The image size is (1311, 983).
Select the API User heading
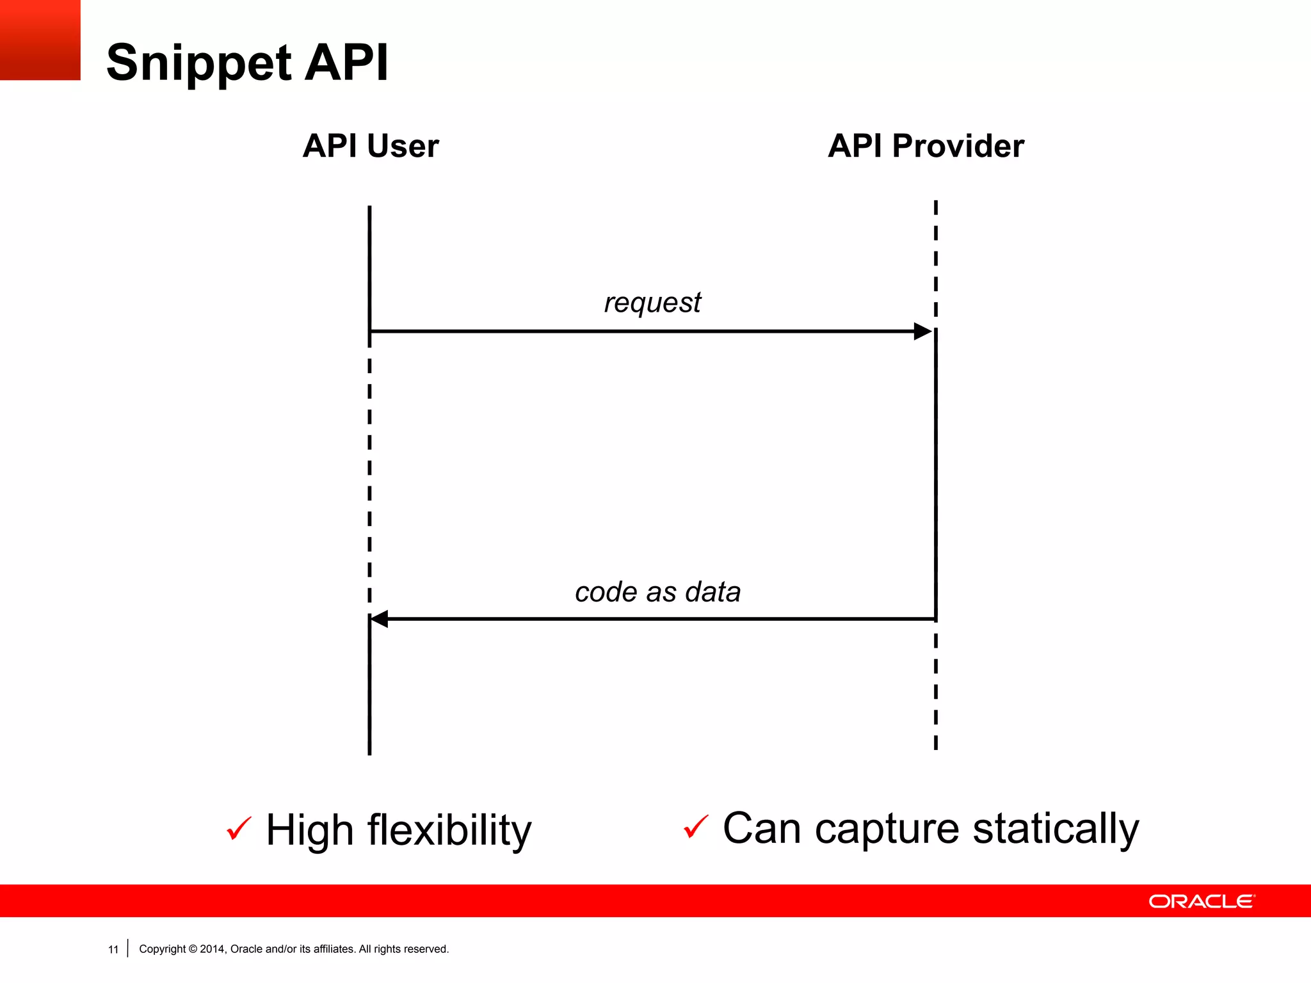(x=371, y=146)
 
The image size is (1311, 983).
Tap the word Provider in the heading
(x=958, y=146)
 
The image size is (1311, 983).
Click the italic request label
(x=652, y=302)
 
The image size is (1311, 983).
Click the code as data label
(x=657, y=592)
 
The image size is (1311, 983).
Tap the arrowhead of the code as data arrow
(x=380, y=619)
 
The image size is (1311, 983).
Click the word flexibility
(x=449, y=830)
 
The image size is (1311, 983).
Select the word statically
(x=1056, y=828)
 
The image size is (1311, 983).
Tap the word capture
(x=887, y=828)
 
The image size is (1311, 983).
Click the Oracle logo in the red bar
(x=1202, y=901)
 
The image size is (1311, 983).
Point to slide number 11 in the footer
(x=113, y=950)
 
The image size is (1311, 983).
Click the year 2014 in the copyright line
(x=212, y=949)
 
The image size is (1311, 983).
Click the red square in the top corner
(x=40, y=40)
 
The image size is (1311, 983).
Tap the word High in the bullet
(x=310, y=830)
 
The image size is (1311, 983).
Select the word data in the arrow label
(x=712, y=592)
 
